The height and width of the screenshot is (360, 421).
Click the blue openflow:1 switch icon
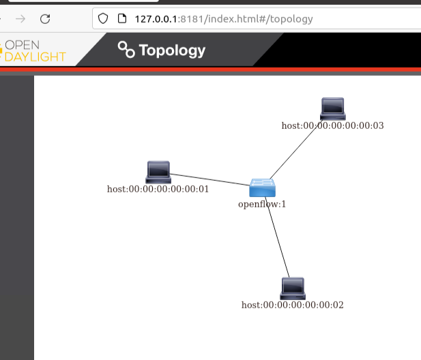point(262,187)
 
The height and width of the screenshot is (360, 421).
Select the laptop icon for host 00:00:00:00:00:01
point(158,172)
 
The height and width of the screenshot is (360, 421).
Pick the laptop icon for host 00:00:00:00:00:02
point(293,288)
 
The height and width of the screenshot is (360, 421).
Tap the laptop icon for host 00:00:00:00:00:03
point(333,108)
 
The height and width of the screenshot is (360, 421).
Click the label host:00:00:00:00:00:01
point(158,189)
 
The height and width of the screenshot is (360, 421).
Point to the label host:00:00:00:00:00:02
point(293,305)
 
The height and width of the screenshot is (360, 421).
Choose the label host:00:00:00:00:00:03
point(333,126)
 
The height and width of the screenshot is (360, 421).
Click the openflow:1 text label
point(262,205)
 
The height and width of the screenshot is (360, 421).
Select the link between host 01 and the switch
point(210,180)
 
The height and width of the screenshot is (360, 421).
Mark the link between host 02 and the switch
point(277,237)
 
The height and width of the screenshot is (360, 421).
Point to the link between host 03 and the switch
point(296,149)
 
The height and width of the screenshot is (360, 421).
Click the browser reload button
point(45,19)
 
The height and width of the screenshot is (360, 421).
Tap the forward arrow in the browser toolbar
point(20,19)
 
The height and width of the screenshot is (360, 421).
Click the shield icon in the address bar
point(103,19)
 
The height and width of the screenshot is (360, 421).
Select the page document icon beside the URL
point(122,19)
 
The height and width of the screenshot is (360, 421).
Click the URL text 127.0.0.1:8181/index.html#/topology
point(224,19)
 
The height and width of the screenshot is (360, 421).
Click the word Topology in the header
point(172,50)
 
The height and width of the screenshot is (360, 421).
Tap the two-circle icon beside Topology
point(126,49)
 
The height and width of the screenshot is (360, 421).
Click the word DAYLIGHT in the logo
point(35,57)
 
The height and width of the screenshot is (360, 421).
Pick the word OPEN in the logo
point(23,45)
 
